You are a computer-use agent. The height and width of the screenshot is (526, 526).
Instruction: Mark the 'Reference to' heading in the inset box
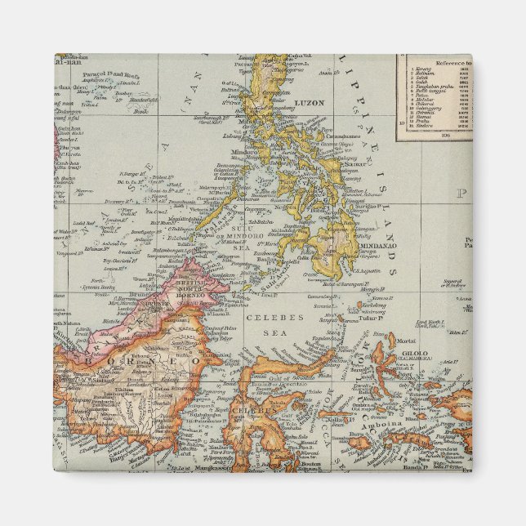(x=446, y=63)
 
